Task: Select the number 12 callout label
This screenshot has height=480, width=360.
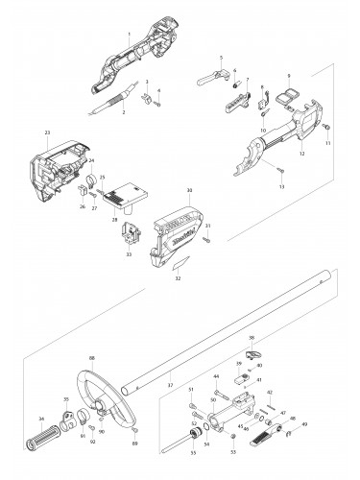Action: coord(301,154)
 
